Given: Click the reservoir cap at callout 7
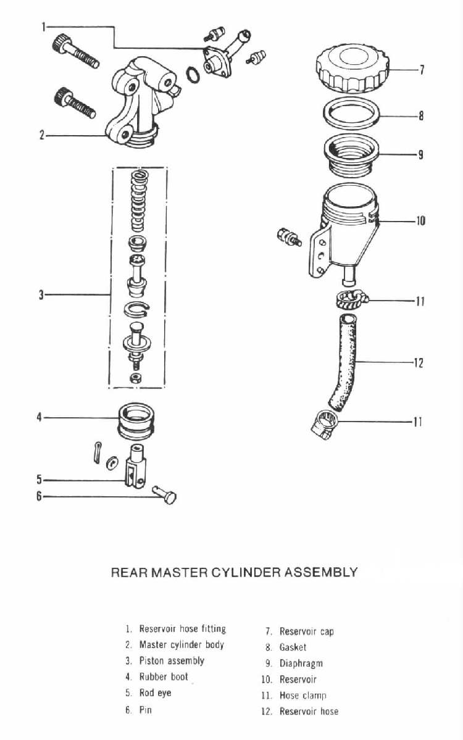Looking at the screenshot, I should (x=350, y=69).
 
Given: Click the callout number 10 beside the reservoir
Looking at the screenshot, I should (x=420, y=220).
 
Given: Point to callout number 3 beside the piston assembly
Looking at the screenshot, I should (x=41, y=294).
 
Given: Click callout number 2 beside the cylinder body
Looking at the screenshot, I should (x=42, y=134).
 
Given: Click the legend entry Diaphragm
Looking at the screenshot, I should (x=301, y=663).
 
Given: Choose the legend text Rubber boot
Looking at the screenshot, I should (x=164, y=676).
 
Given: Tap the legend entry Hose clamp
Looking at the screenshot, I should (x=302, y=696).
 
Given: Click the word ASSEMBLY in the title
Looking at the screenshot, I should (x=320, y=572).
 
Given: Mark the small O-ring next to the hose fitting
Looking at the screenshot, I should (x=193, y=76).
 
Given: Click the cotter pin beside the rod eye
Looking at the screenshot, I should (x=96, y=452).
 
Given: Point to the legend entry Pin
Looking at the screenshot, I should (x=145, y=710).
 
